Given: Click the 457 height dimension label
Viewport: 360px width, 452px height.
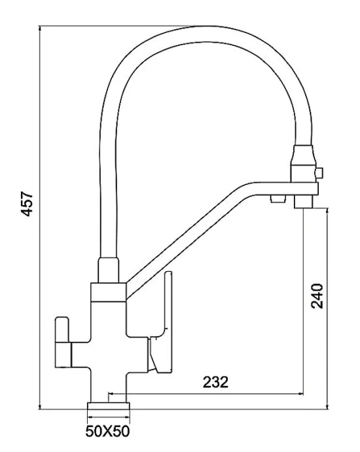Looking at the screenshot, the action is tap(28, 203).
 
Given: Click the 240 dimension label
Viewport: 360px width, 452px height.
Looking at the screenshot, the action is tap(317, 296).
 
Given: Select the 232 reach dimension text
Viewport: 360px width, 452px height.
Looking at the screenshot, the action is tap(215, 383).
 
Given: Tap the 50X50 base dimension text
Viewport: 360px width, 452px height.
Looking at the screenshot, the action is tap(108, 431).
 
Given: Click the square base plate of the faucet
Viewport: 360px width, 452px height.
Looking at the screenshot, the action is tap(108, 406).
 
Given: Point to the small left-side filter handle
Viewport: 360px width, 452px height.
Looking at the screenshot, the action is tap(63, 342).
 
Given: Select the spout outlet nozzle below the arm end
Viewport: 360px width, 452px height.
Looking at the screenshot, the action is tap(304, 202).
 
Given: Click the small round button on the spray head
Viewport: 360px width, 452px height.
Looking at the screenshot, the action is tap(319, 173).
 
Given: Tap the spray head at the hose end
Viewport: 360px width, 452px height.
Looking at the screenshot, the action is tap(303, 164).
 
